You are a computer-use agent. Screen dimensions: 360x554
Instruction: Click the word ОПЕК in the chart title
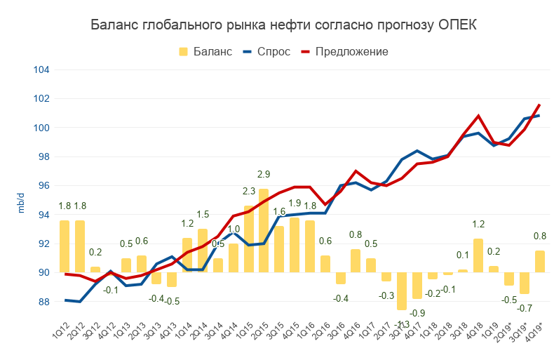(457, 25)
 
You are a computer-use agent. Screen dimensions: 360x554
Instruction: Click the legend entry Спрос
(273, 51)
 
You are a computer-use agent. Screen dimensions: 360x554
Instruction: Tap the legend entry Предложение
(351, 51)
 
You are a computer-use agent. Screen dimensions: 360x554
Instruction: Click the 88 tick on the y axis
(44, 302)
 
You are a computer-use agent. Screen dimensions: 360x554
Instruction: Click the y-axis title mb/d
(21, 204)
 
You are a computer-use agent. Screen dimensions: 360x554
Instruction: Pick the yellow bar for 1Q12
(65, 246)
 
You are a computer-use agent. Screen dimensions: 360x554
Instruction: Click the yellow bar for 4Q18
(478, 255)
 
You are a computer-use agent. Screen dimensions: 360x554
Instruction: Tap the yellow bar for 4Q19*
(539, 261)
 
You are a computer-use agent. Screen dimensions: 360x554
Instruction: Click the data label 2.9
(264, 175)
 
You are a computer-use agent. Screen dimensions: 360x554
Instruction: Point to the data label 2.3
(248, 191)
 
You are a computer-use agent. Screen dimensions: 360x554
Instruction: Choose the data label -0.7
(524, 308)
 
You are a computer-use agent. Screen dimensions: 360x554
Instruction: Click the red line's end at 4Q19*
(539, 105)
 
